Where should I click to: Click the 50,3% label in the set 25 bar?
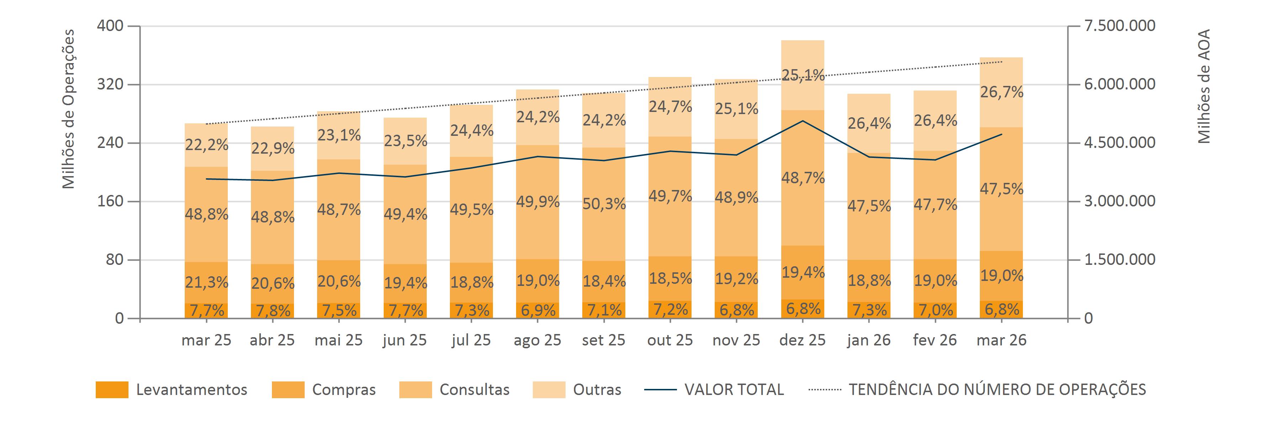[x=604, y=204]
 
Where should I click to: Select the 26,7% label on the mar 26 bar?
[x=1002, y=92]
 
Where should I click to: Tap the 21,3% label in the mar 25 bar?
[x=206, y=282]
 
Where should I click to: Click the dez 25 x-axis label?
[x=802, y=340]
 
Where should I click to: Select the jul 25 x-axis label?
[x=471, y=340]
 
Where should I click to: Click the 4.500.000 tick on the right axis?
[x=1120, y=143]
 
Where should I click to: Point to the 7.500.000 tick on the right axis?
[x=1120, y=25]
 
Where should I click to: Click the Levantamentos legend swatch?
[x=112, y=390]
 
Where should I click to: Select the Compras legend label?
[x=344, y=390]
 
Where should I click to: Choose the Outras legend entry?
[x=597, y=390]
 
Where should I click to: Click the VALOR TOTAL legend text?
[x=734, y=390]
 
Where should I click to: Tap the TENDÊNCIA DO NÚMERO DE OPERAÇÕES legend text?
[x=997, y=390]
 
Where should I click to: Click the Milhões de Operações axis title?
[x=69, y=109]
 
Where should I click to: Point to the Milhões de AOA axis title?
[x=1204, y=86]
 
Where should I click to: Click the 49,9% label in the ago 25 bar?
[x=537, y=201]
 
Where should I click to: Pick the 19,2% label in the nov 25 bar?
[x=736, y=279]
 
